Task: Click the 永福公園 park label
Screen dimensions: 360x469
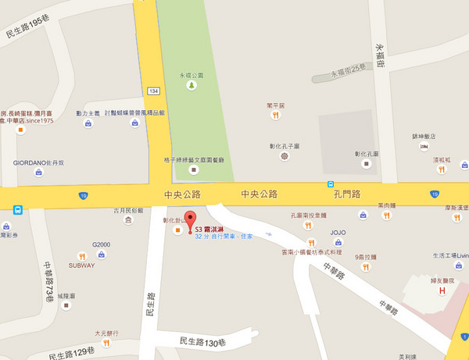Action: click(192, 76)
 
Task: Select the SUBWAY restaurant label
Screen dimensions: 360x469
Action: click(82, 266)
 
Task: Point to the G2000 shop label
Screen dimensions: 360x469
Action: click(102, 244)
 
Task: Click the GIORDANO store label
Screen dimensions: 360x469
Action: click(38, 162)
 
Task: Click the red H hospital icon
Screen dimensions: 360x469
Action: click(442, 291)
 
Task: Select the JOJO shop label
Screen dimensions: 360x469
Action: click(338, 233)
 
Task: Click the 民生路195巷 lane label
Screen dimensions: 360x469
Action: click(32, 35)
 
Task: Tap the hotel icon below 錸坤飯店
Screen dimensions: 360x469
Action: click(423, 146)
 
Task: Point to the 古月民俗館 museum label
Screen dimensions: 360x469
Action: click(129, 211)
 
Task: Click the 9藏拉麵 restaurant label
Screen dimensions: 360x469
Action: click(365, 257)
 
